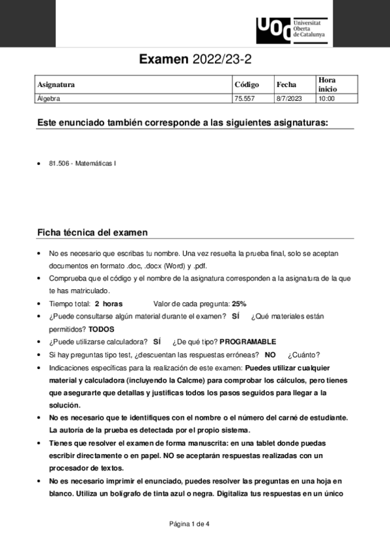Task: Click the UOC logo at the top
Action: pos(292,28)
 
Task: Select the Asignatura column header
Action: pos(56,84)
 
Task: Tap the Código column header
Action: pos(246,84)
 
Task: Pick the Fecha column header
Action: pos(286,84)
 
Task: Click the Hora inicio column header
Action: pos(327,84)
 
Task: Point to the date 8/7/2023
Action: pos(289,99)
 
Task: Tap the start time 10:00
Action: pos(326,99)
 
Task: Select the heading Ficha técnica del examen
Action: pos(92,232)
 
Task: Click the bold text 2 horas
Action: pos(109,303)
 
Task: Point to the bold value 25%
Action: pos(239,303)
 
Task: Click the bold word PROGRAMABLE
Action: pos(248,342)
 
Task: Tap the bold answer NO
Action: pos(270,354)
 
